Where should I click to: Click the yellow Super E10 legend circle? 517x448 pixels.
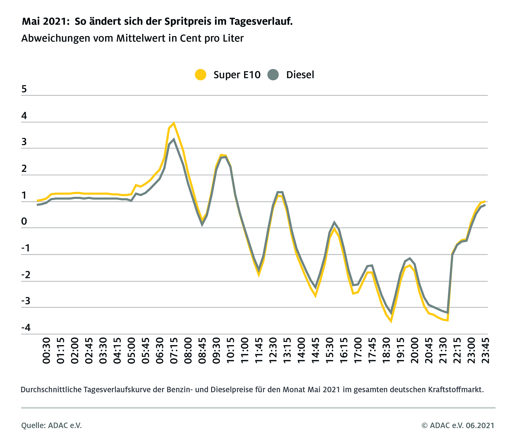[200, 75]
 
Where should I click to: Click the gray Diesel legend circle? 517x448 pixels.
[273, 75]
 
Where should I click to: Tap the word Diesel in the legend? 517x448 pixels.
[300, 75]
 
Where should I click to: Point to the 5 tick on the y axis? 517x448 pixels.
[24, 89]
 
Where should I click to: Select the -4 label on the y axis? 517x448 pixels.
[26, 328]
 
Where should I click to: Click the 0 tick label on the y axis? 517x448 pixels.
[24, 222]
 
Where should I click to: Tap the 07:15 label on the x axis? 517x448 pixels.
[174, 350]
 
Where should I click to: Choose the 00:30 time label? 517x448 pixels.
[46, 350]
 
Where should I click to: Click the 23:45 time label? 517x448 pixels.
[485, 350]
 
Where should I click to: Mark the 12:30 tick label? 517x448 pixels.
[273, 350]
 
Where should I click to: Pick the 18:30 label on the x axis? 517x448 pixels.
[386, 350]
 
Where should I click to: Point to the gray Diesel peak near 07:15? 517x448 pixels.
[174, 140]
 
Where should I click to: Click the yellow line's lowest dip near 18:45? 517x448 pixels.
[391, 322]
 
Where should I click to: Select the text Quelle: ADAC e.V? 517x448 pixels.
[52, 425]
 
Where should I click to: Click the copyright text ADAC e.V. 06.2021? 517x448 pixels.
[458, 425]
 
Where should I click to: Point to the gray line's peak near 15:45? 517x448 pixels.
[334, 222]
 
